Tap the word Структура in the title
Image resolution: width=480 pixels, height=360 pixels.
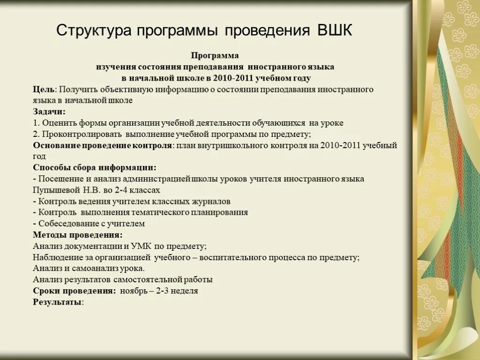[94, 31]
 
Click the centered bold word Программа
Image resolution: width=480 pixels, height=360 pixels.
[215, 56]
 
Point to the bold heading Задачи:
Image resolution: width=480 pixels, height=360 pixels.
[49, 112]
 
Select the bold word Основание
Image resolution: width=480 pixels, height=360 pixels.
[57, 145]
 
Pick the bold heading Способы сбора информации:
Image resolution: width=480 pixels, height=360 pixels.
[95, 168]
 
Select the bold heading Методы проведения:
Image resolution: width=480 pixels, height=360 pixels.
[78, 235]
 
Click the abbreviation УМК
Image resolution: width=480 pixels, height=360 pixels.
[149, 246]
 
